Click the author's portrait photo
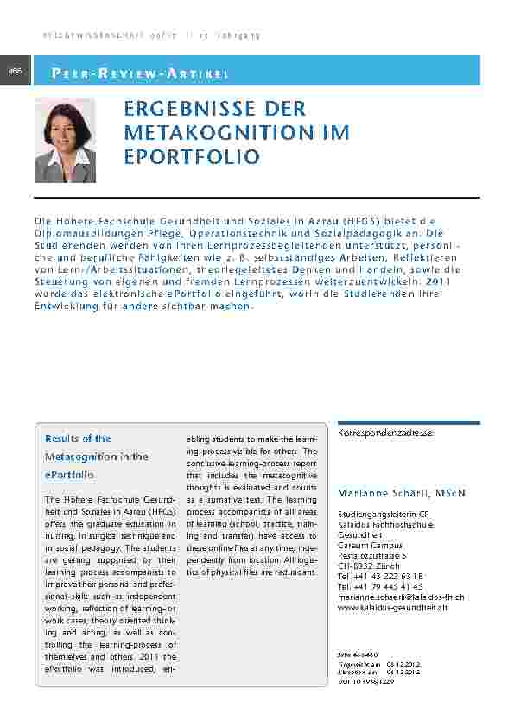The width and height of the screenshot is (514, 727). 65,140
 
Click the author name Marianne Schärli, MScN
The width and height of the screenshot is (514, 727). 401,493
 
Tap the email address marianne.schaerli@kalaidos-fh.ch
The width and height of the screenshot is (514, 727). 401,597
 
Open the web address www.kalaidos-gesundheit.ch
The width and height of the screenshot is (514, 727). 392,608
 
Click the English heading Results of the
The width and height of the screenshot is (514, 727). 78,439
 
